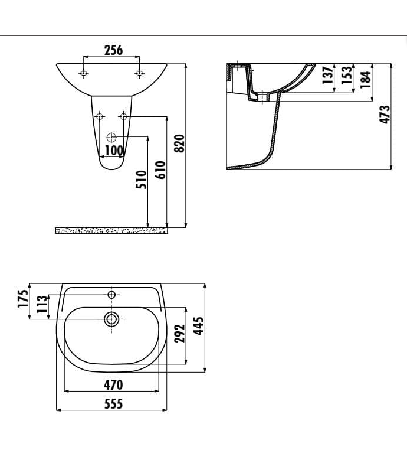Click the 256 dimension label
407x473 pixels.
[x=113, y=50]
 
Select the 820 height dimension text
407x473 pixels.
[x=180, y=143]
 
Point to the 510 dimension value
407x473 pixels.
[x=141, y=180]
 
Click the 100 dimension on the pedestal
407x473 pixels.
[x=114, y=150]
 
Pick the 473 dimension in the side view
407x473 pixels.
[x=385, y=114]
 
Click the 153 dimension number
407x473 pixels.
[x=347, y=76]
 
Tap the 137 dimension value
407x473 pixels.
[x=328, y=76]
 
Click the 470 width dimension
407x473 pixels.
[x=113, y=385]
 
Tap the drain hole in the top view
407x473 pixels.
[x=111, y=319]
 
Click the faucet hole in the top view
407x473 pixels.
[x=111, y=293]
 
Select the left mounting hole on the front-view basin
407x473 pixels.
[x=84, y=73]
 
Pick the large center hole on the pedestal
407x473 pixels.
[x=111, y=138]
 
